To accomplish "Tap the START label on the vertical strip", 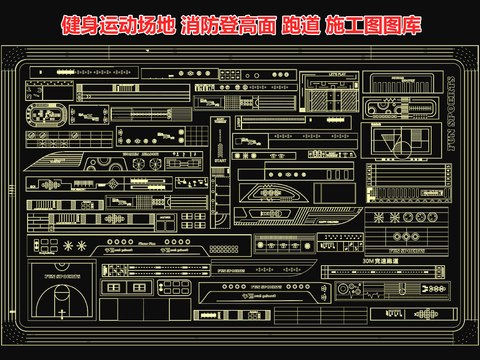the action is pyautogui.click(x=221, y=160).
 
